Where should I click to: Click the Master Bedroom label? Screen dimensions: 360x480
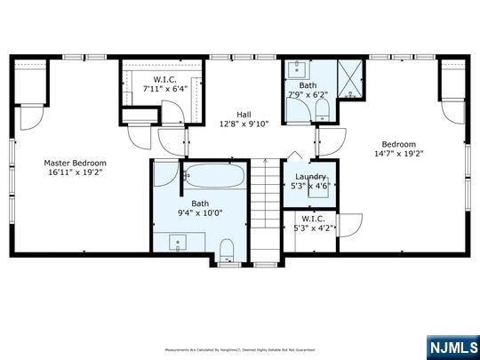[x=76, y=163]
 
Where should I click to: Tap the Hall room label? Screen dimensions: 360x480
[x=243, y=114]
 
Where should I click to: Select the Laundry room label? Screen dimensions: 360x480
[x=309, y=177]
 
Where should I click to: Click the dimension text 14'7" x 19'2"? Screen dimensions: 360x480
[x=398, y=153]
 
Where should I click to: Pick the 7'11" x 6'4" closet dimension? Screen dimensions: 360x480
[x=164, y=89]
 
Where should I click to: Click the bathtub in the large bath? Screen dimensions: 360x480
[x=213, y=176]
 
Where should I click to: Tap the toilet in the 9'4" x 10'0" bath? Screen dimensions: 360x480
[x=226, y=246]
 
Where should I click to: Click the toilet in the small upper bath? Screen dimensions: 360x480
[x=321, y=110]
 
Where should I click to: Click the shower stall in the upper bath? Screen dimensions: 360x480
[x=353, y=77]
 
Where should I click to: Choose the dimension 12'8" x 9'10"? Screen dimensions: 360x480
[x=243, y=124]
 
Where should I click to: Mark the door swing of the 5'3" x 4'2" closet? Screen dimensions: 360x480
[x=348, y=225]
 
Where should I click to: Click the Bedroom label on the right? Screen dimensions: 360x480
[x=398, y=143]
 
